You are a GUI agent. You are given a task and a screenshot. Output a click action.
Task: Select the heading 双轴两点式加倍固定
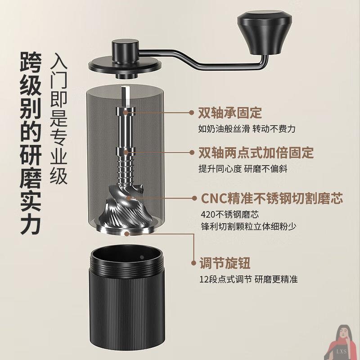coord(256,153)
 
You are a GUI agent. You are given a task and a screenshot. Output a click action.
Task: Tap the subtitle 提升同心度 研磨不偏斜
coord(243,169)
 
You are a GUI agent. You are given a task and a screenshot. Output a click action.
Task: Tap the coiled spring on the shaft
coord(128,171)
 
